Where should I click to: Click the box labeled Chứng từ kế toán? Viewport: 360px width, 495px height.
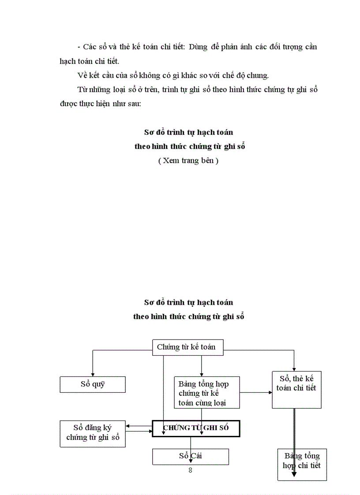click(x=187, y=347)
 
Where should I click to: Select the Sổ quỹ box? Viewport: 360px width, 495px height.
click(x=93, y=384)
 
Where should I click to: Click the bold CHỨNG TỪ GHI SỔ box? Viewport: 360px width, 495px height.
click(x=196, y=428)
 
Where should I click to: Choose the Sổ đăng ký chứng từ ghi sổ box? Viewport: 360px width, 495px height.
click(x=93, y=433)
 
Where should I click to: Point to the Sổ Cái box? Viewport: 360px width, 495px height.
click(x=191, y=456)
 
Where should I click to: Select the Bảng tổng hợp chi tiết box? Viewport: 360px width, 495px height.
click(x=302, y=464)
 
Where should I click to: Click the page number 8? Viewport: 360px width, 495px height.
click(x=190, y=470)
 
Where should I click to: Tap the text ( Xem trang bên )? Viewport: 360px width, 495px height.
click(x=188, y=161)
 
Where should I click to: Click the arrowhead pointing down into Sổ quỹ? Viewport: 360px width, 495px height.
click(x=93, y=373)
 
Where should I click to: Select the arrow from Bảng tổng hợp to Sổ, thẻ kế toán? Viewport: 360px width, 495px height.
click(x=256, y=392)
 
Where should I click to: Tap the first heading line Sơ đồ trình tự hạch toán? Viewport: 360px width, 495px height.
click(x=188, y=132)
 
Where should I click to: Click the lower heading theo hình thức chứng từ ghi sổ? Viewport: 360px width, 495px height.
click(x=188, y=316)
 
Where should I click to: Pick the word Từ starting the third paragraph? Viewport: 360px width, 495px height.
click(x=82, y=90)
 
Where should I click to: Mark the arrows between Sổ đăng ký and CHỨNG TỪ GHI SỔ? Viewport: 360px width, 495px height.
click(x=139, y=428)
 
